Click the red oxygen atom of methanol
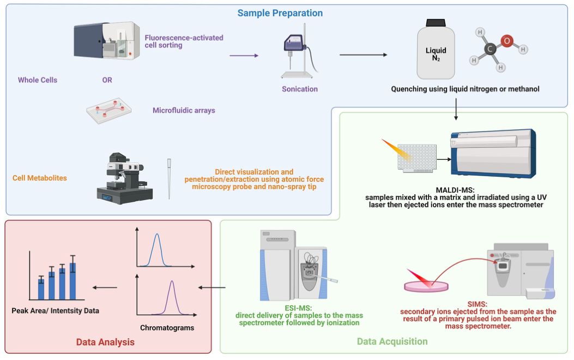pos(507,41)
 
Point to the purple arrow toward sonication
pos(244,55)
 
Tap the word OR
pos(107,80)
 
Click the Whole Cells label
pos(38,80)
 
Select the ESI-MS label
pos(298,308)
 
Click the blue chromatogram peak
pos(157,249)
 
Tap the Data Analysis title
pos(105,342)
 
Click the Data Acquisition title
pos(392,341)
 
